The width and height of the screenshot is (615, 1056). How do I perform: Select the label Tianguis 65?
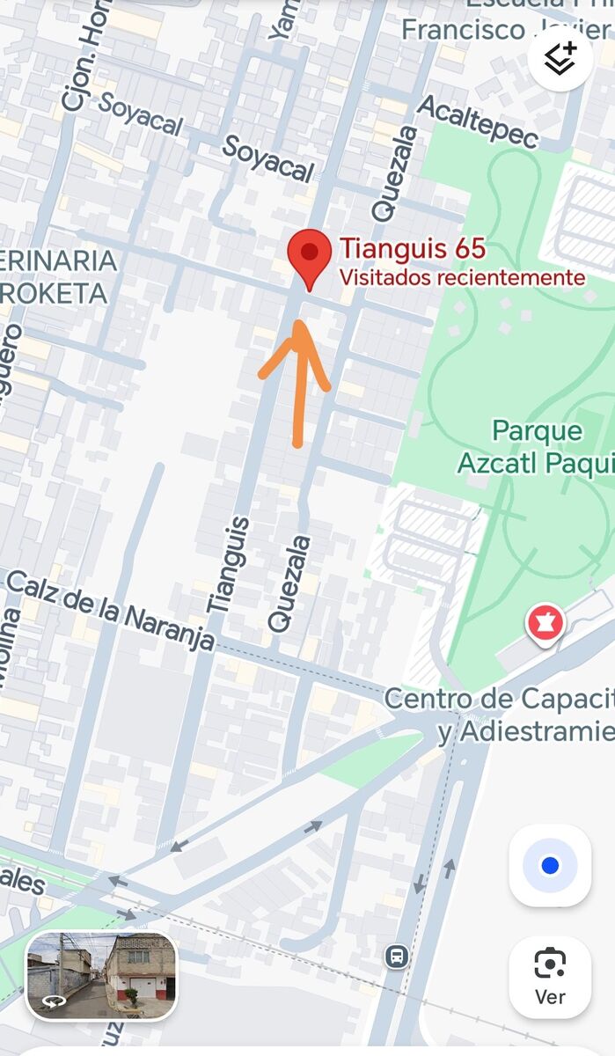click(x=413, y=249)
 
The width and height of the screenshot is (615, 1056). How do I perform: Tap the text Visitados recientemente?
click(x=462, y=278)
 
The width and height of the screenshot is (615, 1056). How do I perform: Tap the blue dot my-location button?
click(x=550, y=866)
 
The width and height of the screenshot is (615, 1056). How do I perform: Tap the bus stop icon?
click(x=396, y=956)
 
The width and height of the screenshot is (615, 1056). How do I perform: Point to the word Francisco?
click(x=463, y=30)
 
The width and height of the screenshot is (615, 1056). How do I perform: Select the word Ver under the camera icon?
click(x=550, y=998)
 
